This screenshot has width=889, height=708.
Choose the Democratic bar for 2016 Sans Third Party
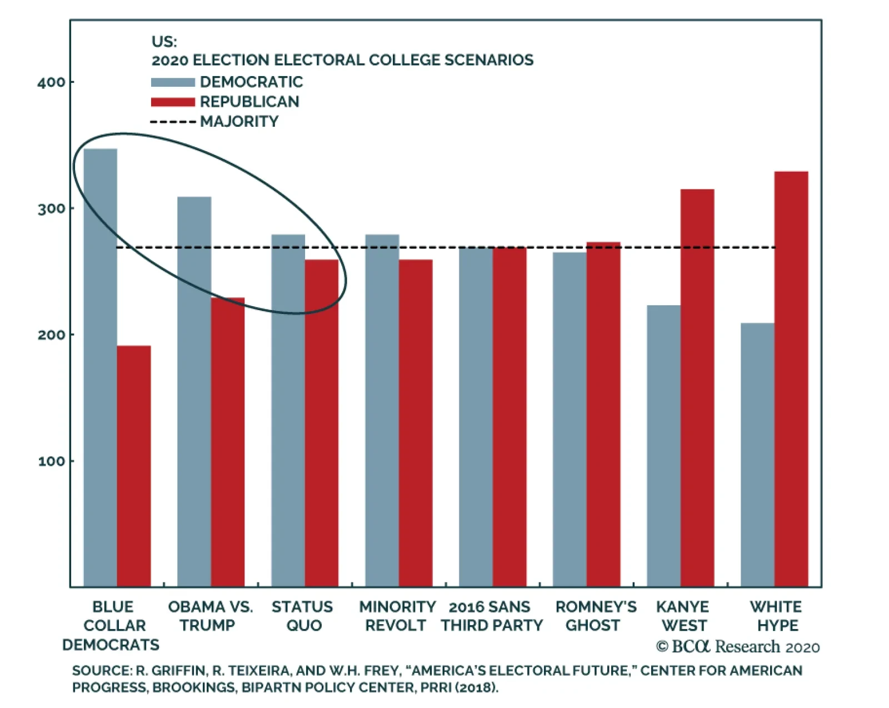476,417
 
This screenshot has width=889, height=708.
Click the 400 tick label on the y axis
51,83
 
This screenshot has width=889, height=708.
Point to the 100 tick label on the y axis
51,461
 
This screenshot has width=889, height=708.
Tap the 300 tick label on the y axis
51,209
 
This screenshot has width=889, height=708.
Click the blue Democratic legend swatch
173,82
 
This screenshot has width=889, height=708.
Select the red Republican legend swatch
173,102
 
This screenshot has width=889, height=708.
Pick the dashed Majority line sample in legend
173,122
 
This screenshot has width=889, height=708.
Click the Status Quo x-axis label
302,616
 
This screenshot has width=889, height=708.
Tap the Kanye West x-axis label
683,616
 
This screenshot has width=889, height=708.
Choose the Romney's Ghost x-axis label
595,616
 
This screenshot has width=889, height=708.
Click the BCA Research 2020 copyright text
738,647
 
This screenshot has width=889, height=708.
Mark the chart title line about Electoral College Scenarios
342,60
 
